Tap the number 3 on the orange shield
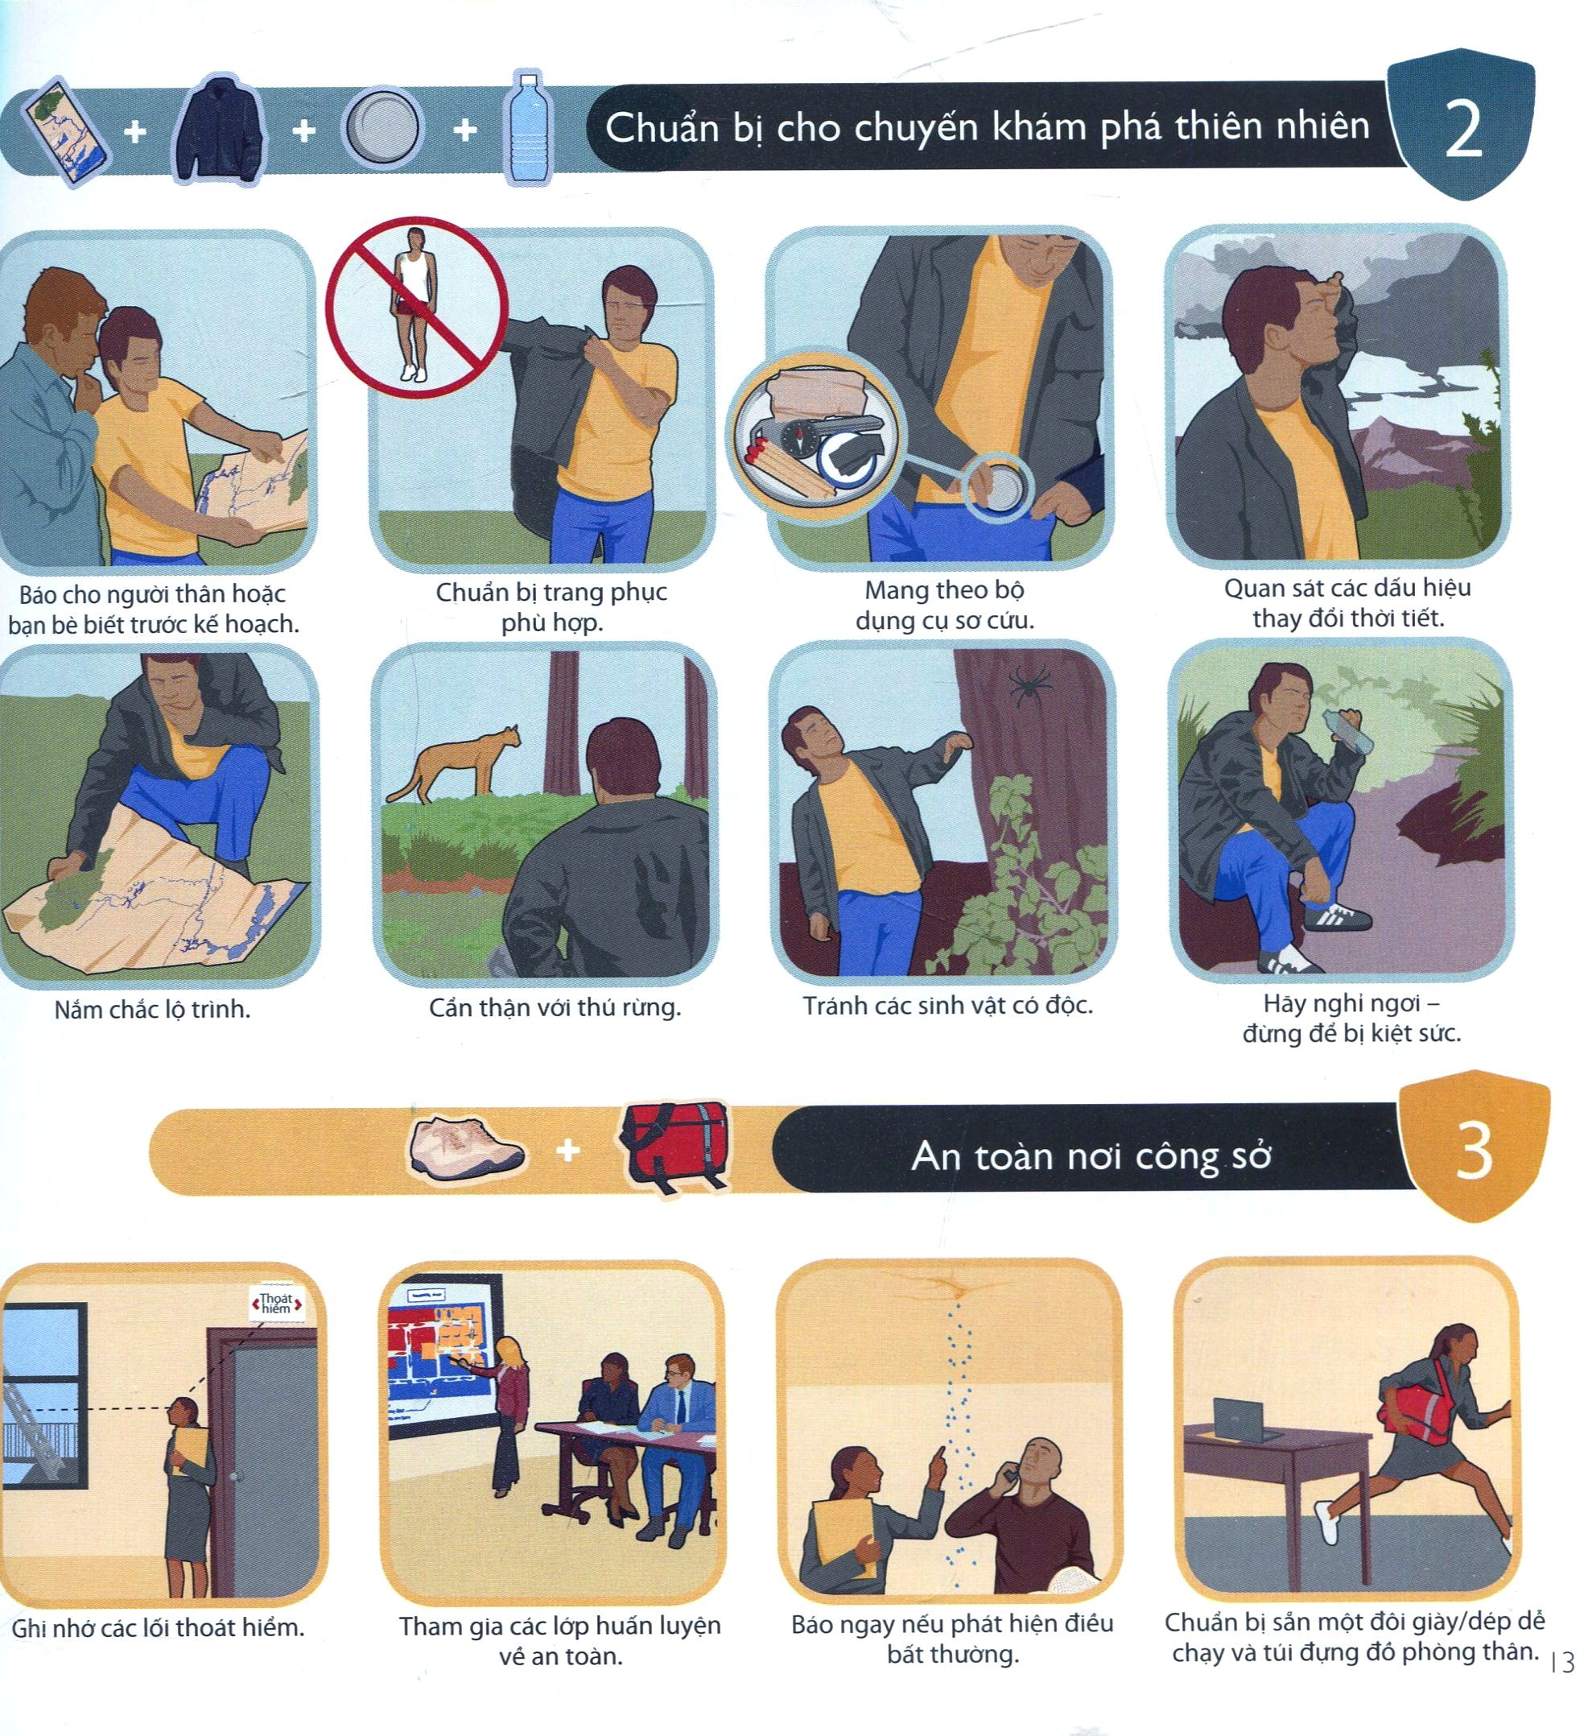pos(1473,1151)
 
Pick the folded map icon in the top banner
pos(67,132)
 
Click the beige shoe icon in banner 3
pos(466,1146)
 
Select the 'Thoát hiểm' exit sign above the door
pos(275,1303)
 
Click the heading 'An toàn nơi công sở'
pos(1091,1155)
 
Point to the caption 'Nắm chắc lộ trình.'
pos(151,1009)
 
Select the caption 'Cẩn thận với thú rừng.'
pos(555,1007)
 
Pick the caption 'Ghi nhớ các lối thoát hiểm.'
pos(158,1628)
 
